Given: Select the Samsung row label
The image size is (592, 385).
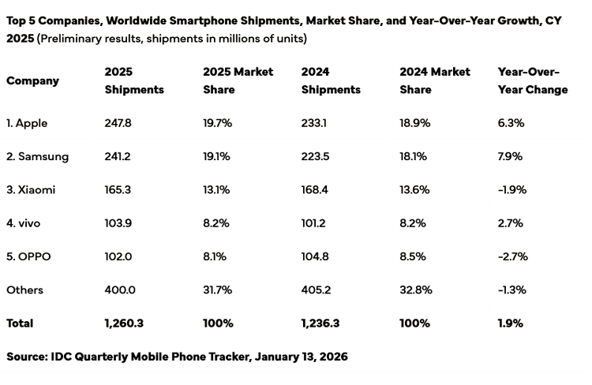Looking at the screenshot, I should click(x=37, y=156).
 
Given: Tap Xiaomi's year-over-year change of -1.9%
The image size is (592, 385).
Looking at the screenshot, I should click(x=512, y=190).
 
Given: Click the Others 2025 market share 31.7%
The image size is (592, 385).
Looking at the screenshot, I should click(x=217, y=290).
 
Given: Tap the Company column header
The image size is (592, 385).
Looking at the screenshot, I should click(x=32, y=80).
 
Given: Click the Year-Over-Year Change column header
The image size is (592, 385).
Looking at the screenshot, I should click(x=533, y=80).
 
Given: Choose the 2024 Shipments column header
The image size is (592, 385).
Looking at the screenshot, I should click(x=331, y=80).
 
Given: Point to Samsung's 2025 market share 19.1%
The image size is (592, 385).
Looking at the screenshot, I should click(x=216, y=156).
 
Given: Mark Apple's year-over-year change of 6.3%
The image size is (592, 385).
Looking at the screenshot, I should click(x=511, y=123).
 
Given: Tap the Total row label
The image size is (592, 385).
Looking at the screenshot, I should click(x=21, y=323).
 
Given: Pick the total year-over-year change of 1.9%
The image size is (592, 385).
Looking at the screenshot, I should click(x=510, y=323).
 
